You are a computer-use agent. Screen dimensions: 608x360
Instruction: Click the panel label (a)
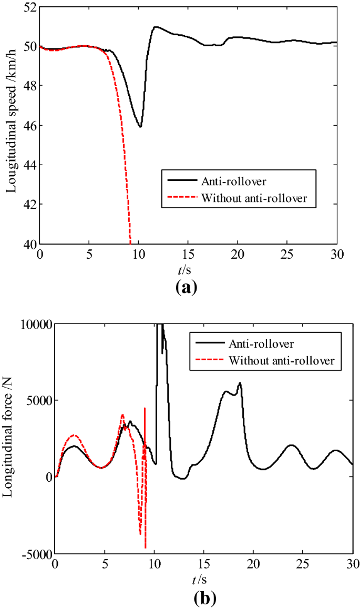(188, 287)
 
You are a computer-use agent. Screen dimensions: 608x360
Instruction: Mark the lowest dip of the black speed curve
(140, 126)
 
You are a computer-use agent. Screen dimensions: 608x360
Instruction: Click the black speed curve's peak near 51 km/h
(156, 27)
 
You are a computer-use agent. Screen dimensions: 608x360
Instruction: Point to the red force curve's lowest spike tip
(145, 548)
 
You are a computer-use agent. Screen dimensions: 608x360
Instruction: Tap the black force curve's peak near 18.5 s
(240, 383)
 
